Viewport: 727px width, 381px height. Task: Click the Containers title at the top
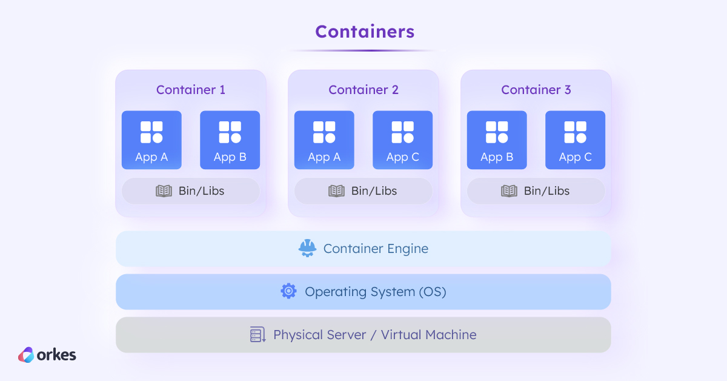click(x=365, y=32)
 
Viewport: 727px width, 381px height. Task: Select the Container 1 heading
click(x=190, y=90)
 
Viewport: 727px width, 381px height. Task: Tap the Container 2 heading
click(x=363, y=90)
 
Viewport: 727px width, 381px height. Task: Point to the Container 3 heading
click(x=536, y=90)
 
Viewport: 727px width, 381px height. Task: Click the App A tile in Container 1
click(x=151, y=140)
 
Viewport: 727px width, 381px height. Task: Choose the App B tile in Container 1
click(x=230, y=140)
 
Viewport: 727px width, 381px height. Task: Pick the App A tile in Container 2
click(x=324, y=140)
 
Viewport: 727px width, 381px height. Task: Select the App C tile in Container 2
click(x=402, y=140)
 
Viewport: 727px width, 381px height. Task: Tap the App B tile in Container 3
click(x=497, y=140)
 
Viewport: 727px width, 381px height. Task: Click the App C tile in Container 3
click(x=575, y=140)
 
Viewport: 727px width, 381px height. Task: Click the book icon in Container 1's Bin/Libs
click(x=164, y=191)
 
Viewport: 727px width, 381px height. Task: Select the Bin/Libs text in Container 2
click(x=374, y=191)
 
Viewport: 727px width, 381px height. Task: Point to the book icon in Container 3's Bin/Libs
click(x=509, y=191)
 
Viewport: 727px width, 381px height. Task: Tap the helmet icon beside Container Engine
click(x=308, y=248)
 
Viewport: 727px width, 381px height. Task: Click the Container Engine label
click(x=376, y=249)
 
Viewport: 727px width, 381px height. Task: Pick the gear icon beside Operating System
click(x=288, y=291)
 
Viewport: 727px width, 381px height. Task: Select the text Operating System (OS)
click(x=375, y=292)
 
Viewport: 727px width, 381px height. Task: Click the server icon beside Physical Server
click(x=258, y=335)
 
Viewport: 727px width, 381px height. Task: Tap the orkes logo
click(x=47, y=355)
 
